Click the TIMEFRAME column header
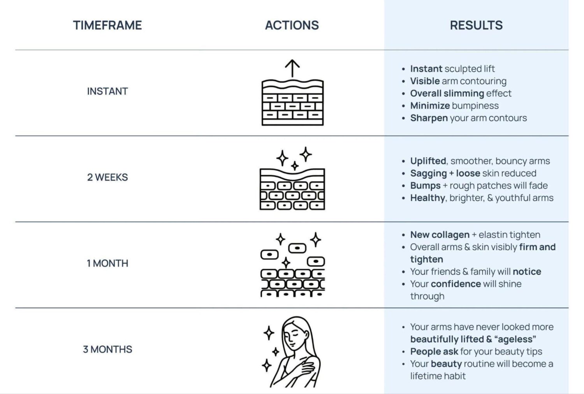(x=107, y=25)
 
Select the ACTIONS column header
(x=292, y=25)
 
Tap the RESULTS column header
(x=476, y=25)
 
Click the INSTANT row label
(x=107, y=91)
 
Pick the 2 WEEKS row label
(x=107, y=177)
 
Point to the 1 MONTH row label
(x=107, y=263)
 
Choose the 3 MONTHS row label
(x=107, y=349)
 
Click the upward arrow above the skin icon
(x=292, y=68)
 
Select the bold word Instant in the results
(x=426, y=69)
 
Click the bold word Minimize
(x=430, y=106)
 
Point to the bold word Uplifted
(x=428, y=161)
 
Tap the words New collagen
(x=440, y=235)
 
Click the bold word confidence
(x=456, y=284)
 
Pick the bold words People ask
(x=434, y=352)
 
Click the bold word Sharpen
(x=429, y=118)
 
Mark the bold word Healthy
(x=427, y=198)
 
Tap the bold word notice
(x=527, y=272)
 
